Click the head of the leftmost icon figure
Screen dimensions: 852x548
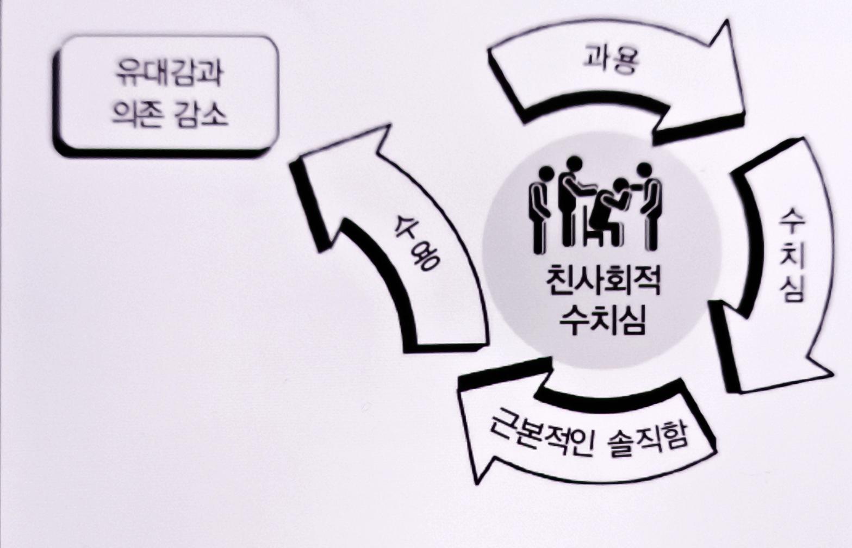click(x=545, y=174)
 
